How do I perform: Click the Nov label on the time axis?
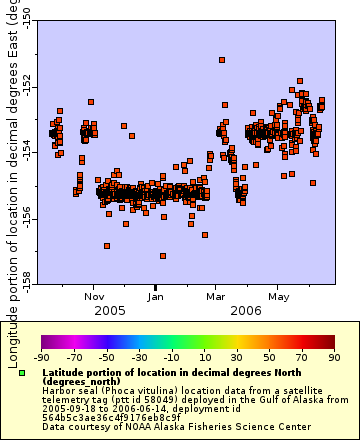[95, 296]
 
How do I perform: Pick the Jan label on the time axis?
[157, 296]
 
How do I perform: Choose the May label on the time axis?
[278, 296]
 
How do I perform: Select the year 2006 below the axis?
[247, 310]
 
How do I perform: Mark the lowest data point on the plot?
[163, 256]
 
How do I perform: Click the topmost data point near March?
[221, 60]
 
